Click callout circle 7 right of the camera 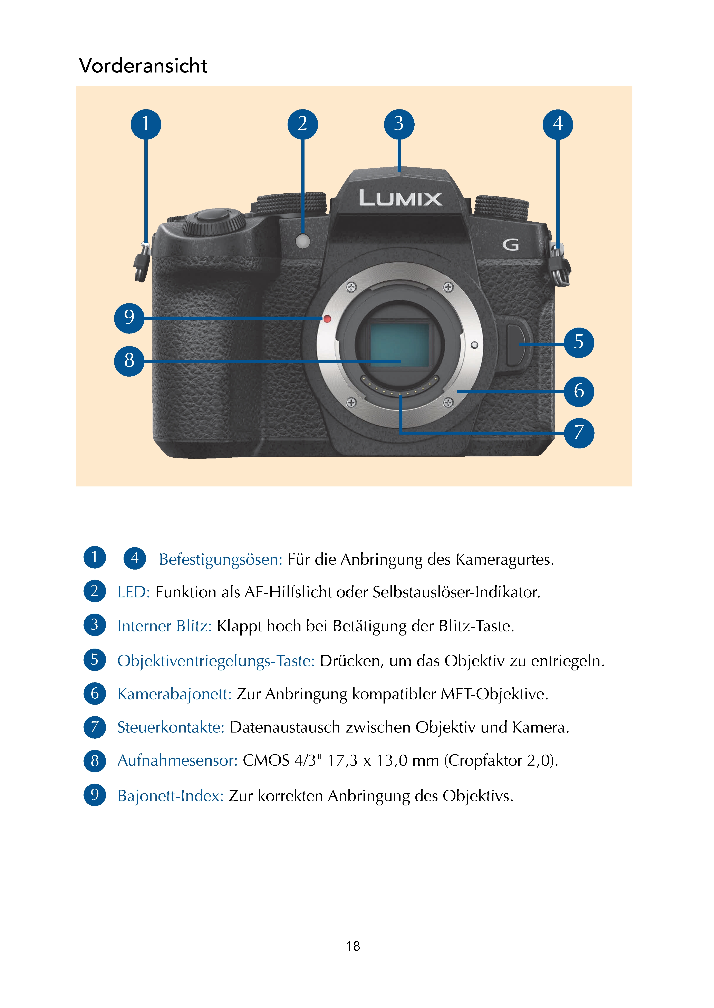coord(579,433)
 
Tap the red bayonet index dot coord(327,319)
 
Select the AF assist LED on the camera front coord(303,241)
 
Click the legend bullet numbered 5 coord(95,660)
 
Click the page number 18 coord(353,946)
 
